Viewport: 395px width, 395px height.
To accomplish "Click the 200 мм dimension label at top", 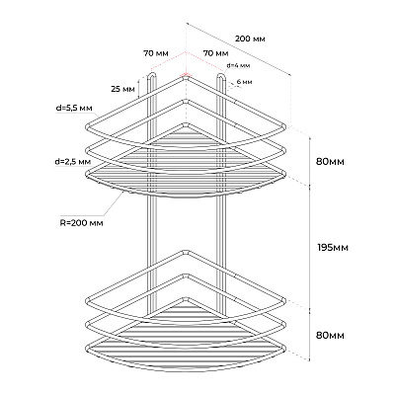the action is click(x=250, y=39).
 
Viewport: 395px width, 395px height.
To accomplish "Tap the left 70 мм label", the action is click(x=156, y=53).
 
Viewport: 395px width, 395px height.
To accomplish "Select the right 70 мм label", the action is click(x=216, y=53).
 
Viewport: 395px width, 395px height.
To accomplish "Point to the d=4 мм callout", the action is click(x=238, y=65).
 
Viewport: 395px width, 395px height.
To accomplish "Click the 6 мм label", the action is click(x=244, y=82).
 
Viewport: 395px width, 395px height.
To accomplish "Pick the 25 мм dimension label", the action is click(x=122, y=89).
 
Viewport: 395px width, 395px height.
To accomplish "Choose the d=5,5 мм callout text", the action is click(x=74, y=108).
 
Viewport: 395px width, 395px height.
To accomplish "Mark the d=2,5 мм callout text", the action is click(x=73, y=162).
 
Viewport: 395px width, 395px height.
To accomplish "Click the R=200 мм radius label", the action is click(x=82, y=223).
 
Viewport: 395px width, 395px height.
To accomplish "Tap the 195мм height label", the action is click(x=333, y=247).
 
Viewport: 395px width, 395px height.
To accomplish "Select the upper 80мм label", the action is click(x=330, y=162).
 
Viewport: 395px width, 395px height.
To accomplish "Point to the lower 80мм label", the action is click(x=330, y=336).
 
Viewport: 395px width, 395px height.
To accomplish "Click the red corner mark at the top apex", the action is click(x=186, y=75).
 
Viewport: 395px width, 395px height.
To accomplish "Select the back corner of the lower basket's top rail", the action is click(x=187, y=252).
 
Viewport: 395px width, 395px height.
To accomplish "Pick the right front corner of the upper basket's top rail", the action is click(x=283, y=126).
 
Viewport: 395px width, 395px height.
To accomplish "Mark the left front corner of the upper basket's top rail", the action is click(x=88, y=126).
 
